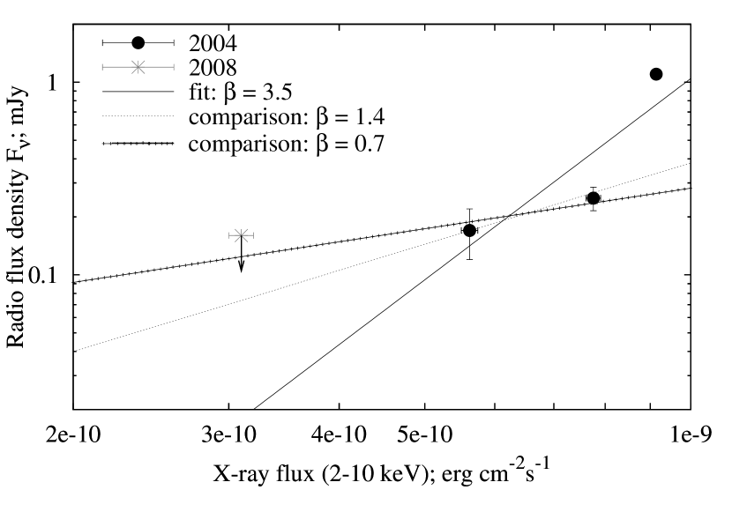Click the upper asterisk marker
[138, 67]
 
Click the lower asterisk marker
[241, 235]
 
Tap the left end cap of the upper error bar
[102, 67]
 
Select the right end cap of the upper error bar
[174, 67]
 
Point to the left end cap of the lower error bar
[229, 235]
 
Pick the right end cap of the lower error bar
[253, 235]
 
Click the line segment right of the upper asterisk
[158, 67]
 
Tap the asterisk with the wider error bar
[138, 67]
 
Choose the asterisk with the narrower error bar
[241, 235]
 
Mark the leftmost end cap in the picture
[102, 67]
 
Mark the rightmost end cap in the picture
[253, 235]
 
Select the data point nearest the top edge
[138, 67]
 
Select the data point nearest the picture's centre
[241, 235]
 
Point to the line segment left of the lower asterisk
[233, 235]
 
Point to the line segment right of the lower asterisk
[250, 235]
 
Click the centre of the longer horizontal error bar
[138, 67]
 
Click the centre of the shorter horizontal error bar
[241, 235]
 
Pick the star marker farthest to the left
[138, 67]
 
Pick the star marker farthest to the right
[241, 235]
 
